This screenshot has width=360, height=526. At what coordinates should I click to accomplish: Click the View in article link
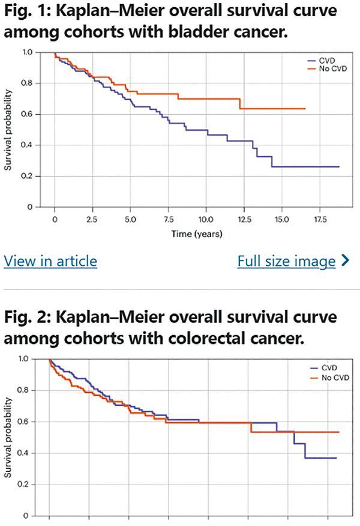(50, 261)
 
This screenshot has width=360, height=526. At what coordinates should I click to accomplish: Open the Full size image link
(286, 261)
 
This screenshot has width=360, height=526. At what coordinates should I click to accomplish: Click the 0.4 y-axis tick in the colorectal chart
(26, 453)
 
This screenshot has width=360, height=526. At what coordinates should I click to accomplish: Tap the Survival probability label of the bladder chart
(8, 129)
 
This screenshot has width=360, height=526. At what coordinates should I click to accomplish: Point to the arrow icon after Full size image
(344, 261)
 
